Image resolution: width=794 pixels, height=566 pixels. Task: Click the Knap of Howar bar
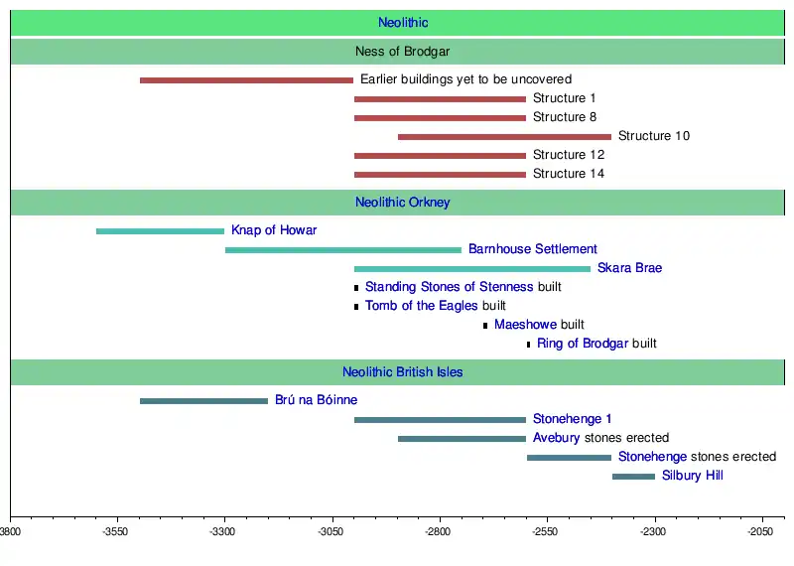160,231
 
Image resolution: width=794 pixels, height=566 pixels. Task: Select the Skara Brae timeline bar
471,269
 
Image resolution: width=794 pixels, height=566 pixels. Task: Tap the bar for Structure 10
504,136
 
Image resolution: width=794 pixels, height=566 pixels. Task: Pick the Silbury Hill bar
633,477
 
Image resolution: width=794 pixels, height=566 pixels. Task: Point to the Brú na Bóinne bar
203,401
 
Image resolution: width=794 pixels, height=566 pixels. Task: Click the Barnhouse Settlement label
533,249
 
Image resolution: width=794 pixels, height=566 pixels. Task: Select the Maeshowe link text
525,325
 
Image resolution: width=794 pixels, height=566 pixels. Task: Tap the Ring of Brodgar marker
528,345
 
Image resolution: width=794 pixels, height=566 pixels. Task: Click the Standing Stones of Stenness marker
356,288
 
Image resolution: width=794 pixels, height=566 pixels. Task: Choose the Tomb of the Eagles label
421,306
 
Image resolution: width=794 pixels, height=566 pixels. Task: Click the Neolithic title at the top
403,23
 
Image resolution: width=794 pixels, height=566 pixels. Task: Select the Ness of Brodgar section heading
403,52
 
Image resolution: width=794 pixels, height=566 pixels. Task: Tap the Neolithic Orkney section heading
403,203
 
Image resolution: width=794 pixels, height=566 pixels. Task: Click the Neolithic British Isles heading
403,372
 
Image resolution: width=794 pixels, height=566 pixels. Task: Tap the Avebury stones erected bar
462,439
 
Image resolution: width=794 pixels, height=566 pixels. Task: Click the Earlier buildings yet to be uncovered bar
246,80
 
